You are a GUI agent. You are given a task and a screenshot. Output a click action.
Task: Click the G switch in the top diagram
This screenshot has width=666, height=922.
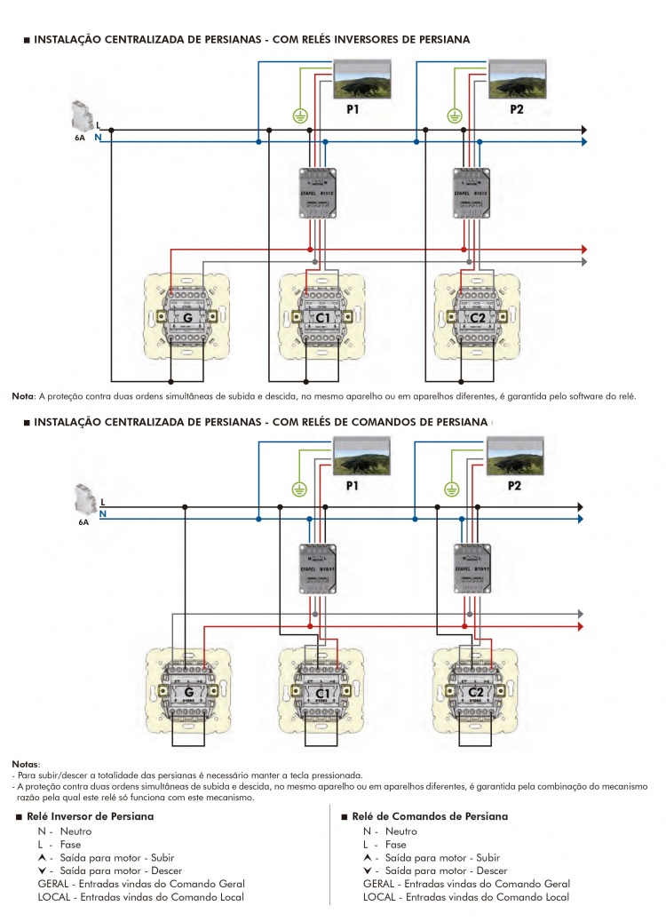pyautogui.click(x=188, y=316)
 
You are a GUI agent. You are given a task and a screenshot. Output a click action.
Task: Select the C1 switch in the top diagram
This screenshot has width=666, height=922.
pyautogui.click(x=322, y=316)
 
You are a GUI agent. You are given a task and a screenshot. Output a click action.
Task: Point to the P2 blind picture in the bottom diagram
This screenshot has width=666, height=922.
pyautogui.click(x=516, y=456)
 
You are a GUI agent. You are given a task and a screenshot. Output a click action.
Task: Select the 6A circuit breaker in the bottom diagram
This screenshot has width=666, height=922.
pyautogui.click(x=83, y=497)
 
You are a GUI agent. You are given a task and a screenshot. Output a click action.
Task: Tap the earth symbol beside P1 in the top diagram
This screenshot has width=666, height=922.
pyautogui.click(x=300, y=115)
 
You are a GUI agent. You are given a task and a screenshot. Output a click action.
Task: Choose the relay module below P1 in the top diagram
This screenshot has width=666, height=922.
pyautogui.click(x=320, y=193)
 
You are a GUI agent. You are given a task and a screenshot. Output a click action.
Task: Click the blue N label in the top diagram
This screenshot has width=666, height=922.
pyautogui.click(x=98, y=138)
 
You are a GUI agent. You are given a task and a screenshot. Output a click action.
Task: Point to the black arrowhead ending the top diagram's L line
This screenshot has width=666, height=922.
pyautogui.click(x=583, y=130)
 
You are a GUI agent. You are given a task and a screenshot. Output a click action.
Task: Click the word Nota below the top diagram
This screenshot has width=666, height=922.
pyautogui.click(x=21, y=395)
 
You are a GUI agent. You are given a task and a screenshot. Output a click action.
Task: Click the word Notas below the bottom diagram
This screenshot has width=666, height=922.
pyautogui.click(x=25, y=764)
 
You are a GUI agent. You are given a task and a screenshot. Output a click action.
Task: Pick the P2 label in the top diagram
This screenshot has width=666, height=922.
pyautogui.click(x=517, y=109)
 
